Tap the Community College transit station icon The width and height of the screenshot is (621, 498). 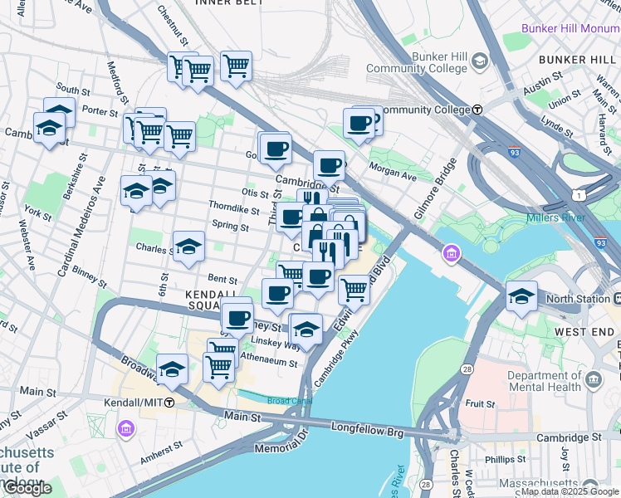[x=478, y=110]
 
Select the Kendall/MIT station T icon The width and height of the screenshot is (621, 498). [x=169, y=403]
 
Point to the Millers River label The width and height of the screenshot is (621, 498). [x=555, y=218]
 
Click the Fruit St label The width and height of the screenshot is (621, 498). [x=480, y=404]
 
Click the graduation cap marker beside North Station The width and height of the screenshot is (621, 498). [x=521, y=296]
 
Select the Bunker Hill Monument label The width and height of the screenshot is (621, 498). [x=570, y=28]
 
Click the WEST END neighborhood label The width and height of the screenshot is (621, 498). [x=584, y=332]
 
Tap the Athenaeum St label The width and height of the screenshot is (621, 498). [x=267, y=361]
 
